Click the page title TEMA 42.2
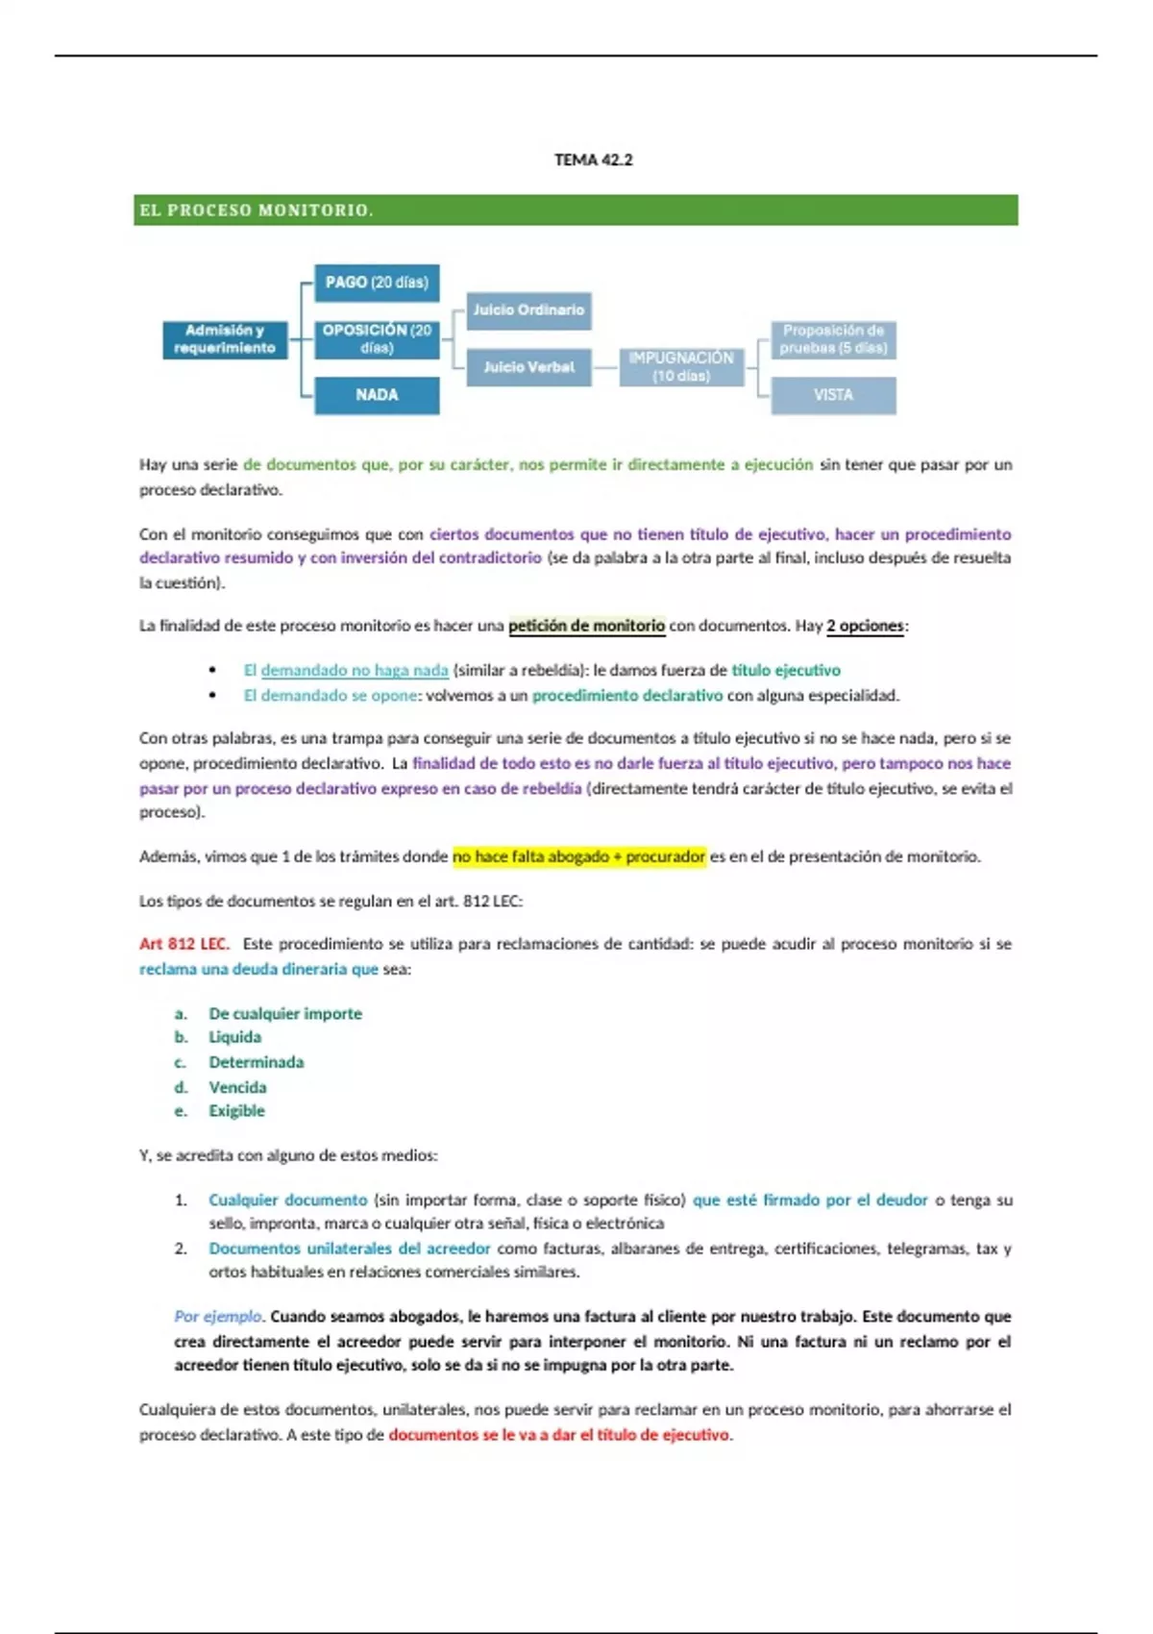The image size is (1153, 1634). pyautogui.click(x=593, y=160)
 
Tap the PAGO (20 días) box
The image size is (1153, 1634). pyautogui.click(x=377, y=283)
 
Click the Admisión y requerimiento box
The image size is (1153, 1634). pyautogui.click(x=225, y=339)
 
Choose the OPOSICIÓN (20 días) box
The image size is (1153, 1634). pyautogui.click(x=377, y=338)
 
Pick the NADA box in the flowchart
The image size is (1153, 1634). pyautogui.click(x=377, y=395)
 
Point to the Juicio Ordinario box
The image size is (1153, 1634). pyautogui.click(x=528, y=310)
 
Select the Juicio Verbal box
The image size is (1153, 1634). pyautogui.click(x=528, y=367)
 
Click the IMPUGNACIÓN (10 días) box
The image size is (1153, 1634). pyautogui.click(x=681, y=366)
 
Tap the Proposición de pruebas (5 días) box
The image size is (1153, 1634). pyautogui.click(x=833, y=339)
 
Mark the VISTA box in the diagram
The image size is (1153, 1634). pyautogui.click(x=833, y=395)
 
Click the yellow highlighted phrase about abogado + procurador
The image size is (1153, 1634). pyautogui.click(x=578, y=856)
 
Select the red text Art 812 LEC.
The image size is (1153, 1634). pyautogui.click(x=184, y=944)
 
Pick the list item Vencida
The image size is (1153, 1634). pyautogui.click(x=237, y=1087)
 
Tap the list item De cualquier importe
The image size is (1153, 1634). pyautogui.click(x=285, y=1013)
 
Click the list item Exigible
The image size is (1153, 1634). pyautogui.click(x=236, y=1111)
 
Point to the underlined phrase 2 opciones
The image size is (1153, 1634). pyautogui.click(x=865, y=626)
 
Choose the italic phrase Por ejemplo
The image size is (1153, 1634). pyautogui.click(x=218, y=1316)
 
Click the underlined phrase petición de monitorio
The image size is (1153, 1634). pyautogui.click(x=586, y=626)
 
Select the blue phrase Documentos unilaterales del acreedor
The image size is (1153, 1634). pyautogui.click(x=350, y=1249)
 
